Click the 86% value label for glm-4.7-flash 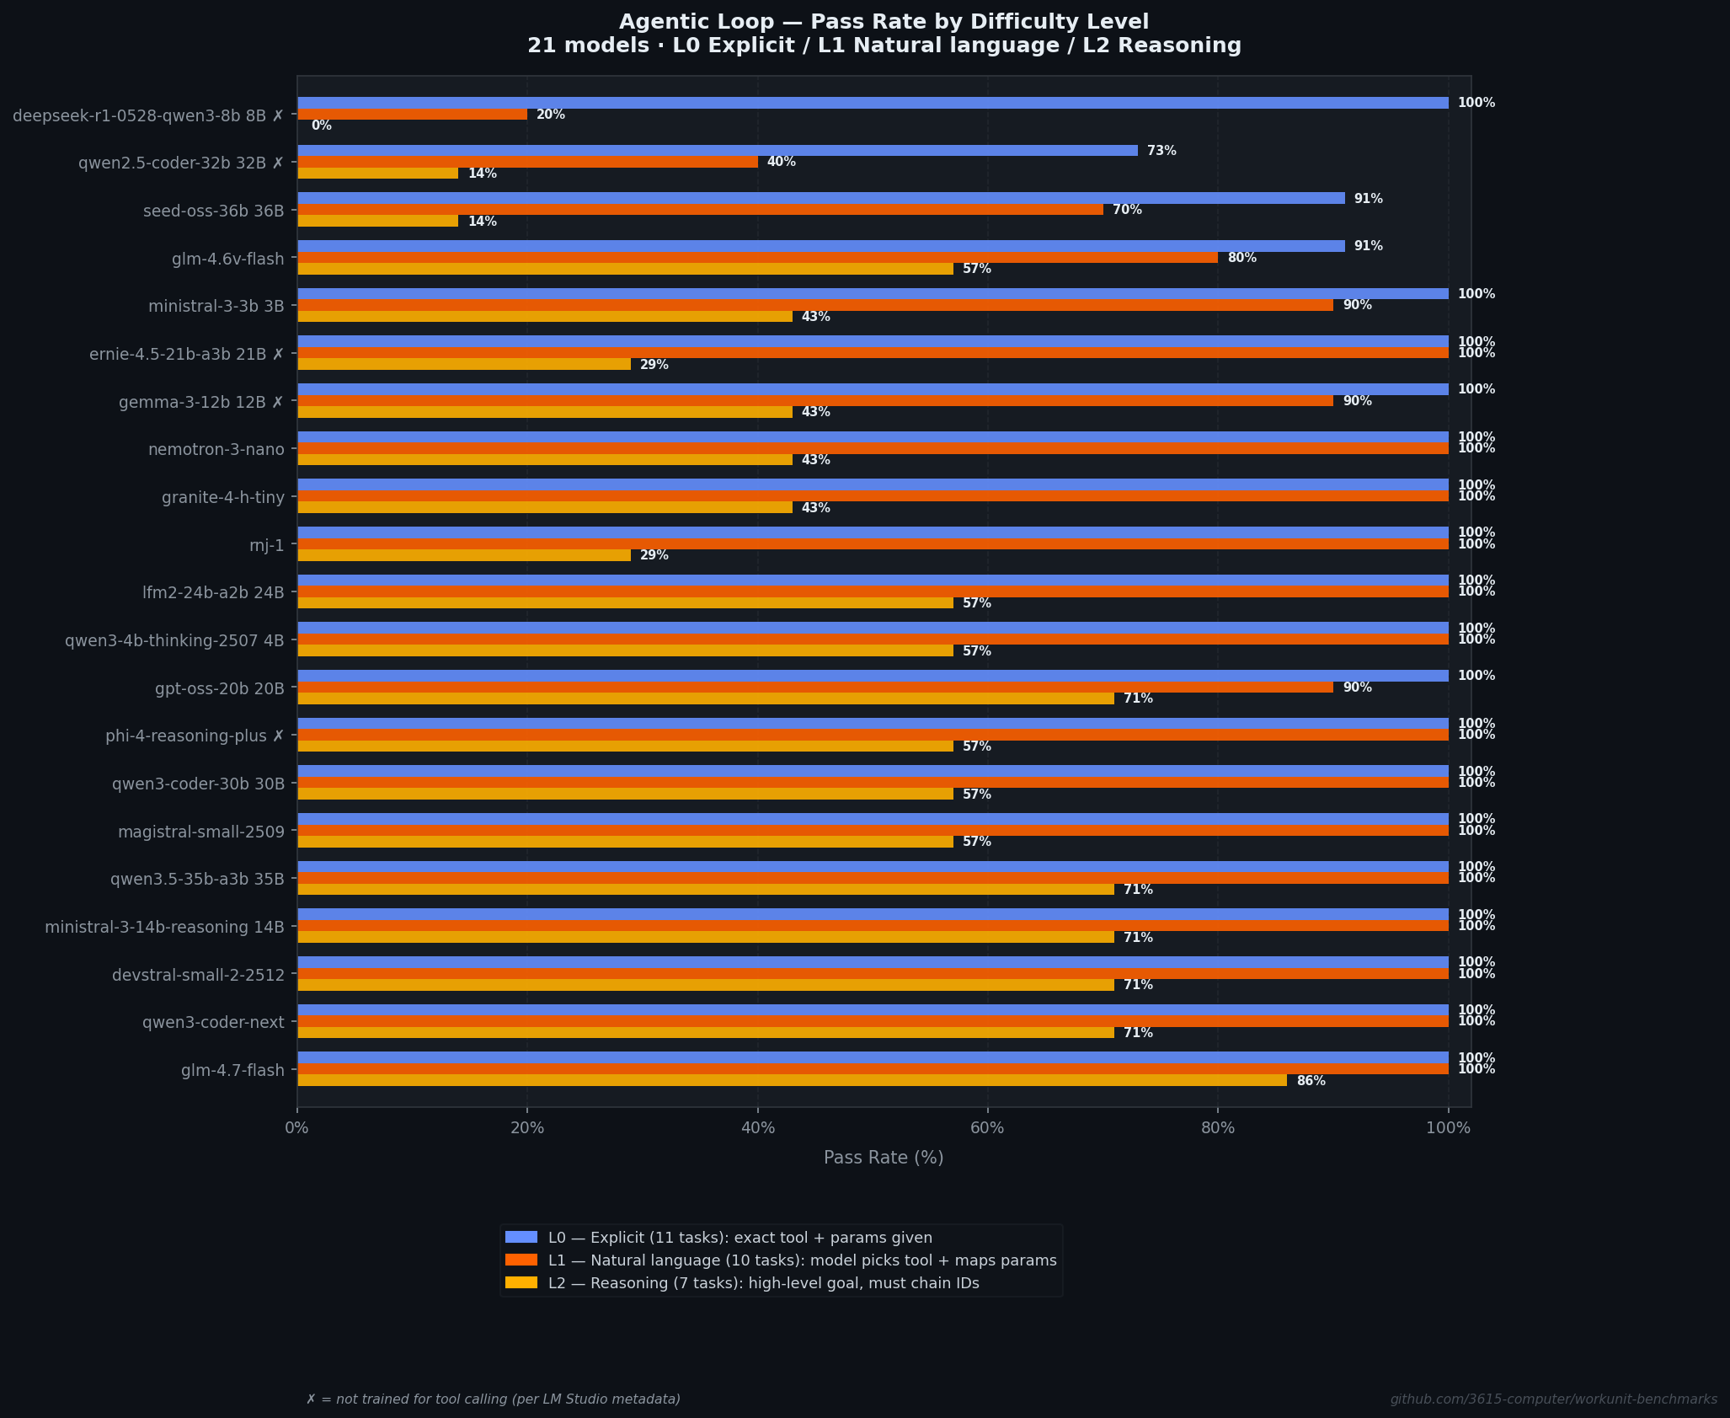click(x=1311, y=1081)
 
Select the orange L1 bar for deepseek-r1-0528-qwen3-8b click(x=412, y=115)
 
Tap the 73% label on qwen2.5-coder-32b click(x=1161, y=151)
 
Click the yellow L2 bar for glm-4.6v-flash click(x=625, y=269)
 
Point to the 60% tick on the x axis click(x=987, y=1127)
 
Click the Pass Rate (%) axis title click(x=884, y=1158)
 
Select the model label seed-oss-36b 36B click(x=214, y=211)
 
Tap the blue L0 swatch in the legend click(x=521, y=1237)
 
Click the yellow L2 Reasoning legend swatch click(x=521, y=1282)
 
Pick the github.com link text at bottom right click(x=1553, y=1399)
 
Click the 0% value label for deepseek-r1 click(x=321, y=126)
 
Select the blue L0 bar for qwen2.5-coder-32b click(x=717, y=151)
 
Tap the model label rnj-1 click(x=267, y=545)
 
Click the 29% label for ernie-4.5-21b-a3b click(x=654, y=365)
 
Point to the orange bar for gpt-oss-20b click(x=814, y=688)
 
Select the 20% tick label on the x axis click(x=527, y=1127)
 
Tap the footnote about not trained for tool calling click(x=493, y=1399)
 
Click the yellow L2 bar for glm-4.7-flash click(x=792, y=1080)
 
